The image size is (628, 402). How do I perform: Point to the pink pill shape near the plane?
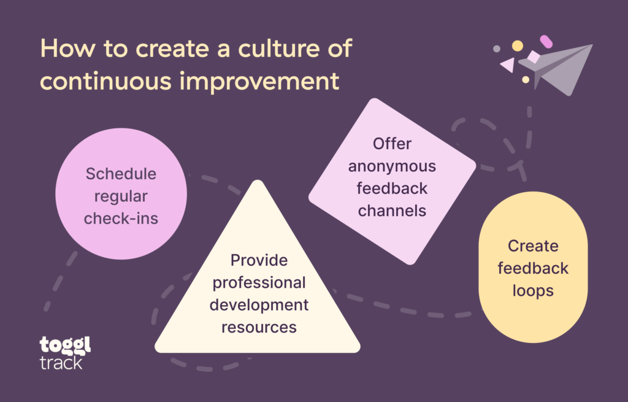click(x=546, y=42)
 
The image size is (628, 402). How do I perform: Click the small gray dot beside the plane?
click(x=497, y=48)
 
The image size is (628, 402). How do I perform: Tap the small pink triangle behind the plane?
click(x=507, y=64)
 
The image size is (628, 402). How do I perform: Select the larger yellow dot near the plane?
click(x=518, y=45)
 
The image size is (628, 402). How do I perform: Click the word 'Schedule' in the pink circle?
click(x=121, y=174)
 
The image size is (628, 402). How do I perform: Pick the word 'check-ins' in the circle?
click(x=121, y=218)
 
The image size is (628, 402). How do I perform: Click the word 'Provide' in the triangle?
click(x=259, y=260)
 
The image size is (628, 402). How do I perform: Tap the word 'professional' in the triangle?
click(x=259, y=282)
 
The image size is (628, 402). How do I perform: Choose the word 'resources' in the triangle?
click(x=259, y=327)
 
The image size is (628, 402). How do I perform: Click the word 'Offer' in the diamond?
click(x=392, y=144)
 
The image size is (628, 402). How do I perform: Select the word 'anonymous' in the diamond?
click(x=392, y=166)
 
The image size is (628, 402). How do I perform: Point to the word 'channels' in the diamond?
click(x=392, y=211)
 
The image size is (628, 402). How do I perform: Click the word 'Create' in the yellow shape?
click(x=533, y=246)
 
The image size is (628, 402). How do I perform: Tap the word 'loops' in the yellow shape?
click(x=533, y=290)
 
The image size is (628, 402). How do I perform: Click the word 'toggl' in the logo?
click(x=64, y=345)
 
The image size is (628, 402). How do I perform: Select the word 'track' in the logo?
click(x=61, y=362)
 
